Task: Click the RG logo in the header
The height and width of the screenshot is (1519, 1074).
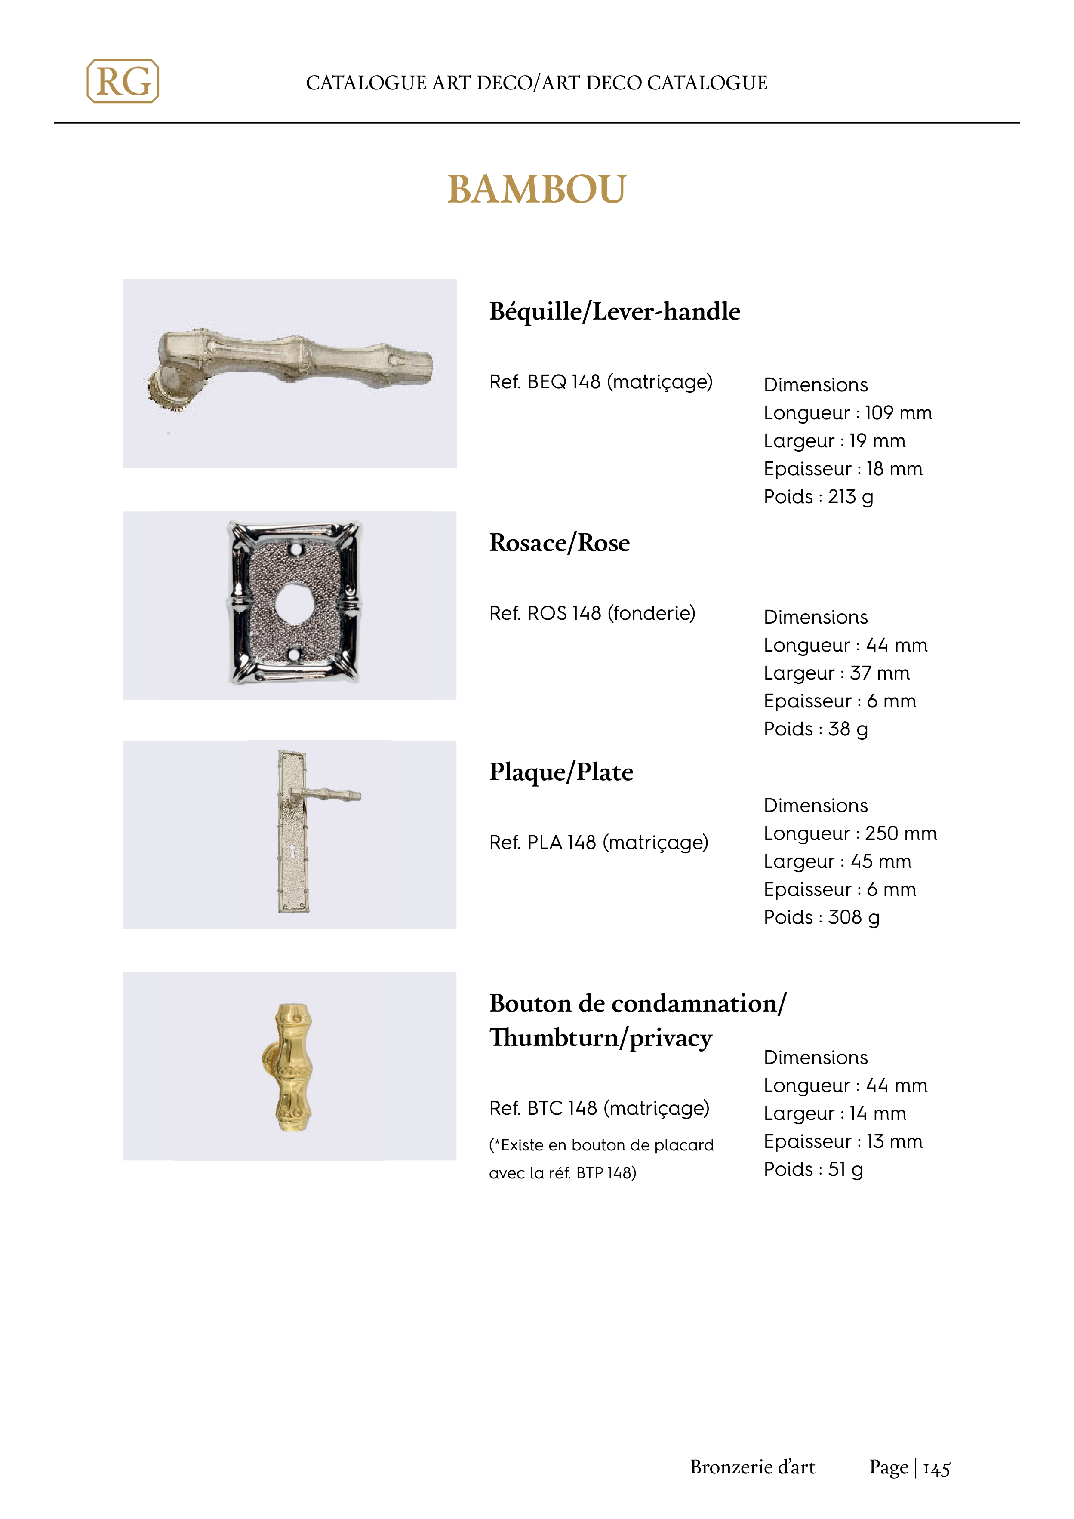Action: click(123, 81)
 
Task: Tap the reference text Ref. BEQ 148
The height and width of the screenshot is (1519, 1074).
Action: click(600, 382)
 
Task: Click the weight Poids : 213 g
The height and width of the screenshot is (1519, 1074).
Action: click(818, 497)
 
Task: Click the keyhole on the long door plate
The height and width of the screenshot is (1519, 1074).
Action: click(292, 851)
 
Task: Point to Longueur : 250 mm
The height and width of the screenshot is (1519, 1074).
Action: click(849, 833)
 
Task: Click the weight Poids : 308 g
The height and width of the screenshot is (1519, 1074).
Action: click(821, 918)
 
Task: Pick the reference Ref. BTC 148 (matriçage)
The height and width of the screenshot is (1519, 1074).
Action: click(599, 1108)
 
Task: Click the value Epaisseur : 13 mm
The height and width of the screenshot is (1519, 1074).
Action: click(843, 1142)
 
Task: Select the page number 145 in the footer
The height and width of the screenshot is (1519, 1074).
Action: click(936, 1469)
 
